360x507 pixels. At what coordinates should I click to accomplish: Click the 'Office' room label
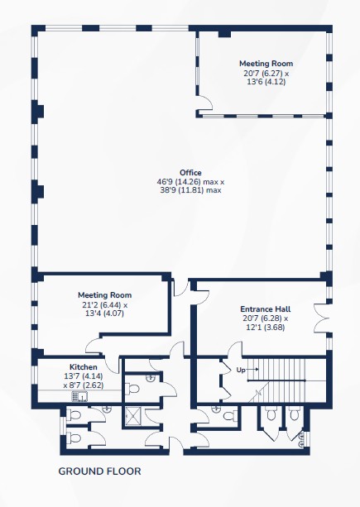point(190,173)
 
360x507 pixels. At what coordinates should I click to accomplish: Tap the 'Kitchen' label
point(84,367)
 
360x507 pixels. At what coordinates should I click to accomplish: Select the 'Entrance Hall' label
point(266,309)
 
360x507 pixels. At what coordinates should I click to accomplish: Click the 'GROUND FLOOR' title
point(99,471)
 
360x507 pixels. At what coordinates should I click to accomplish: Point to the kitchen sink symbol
point(79,396)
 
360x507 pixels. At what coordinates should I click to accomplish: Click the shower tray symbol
point(131,417)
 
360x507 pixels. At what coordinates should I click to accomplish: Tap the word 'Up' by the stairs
point(241,370)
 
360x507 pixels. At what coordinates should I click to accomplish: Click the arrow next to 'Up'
point(253,369)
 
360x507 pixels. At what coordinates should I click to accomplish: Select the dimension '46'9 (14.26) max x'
point(190,182)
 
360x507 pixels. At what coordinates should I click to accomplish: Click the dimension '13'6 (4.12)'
point(266,82)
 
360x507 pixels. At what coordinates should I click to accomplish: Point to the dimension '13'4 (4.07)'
point(104,313)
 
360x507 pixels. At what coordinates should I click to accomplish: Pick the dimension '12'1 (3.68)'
point(266,328)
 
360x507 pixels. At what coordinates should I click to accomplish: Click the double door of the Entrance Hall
point(320,318)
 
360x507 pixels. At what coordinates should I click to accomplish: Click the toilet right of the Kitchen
point(132,389)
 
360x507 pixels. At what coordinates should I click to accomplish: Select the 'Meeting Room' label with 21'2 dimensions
point(105,295)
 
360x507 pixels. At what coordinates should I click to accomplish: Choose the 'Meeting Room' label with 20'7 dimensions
point(266,64)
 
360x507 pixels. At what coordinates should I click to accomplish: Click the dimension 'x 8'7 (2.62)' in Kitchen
point(84,385)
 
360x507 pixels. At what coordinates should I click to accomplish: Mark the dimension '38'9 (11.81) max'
point(190,190)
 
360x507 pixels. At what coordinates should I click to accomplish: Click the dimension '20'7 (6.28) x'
point(266,318)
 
